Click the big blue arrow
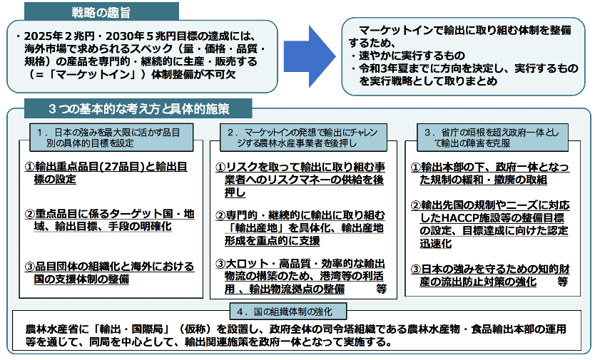(309, 56)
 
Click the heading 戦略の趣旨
(101, 13)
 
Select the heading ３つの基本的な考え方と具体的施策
(139, 109)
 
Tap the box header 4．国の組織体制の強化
(288, 312)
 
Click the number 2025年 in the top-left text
(43, 36)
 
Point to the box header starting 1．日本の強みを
(111, 138)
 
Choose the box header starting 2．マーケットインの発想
(303, 138)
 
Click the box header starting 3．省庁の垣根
(492, 138)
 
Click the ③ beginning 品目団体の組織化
(29, 267)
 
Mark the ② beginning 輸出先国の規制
(416, 205)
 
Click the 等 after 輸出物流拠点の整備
(381, 289)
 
